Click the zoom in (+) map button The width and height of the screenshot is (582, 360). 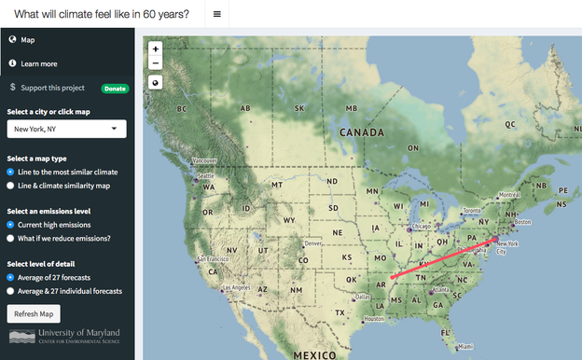coord(155,48)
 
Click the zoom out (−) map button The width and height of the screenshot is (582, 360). coord(155,62)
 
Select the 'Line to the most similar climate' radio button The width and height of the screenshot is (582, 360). coord(10,172)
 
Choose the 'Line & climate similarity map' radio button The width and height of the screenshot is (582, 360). coord(10,186)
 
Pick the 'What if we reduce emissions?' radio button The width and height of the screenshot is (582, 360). coord(10,238)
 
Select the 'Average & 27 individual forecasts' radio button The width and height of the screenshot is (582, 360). coord(10,291)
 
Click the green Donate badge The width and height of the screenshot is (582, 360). coord(115,89)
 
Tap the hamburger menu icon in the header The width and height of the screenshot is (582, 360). coord(216,14)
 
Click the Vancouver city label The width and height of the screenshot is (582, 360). coord(204,160)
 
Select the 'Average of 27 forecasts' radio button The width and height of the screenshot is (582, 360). coord(10,277)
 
